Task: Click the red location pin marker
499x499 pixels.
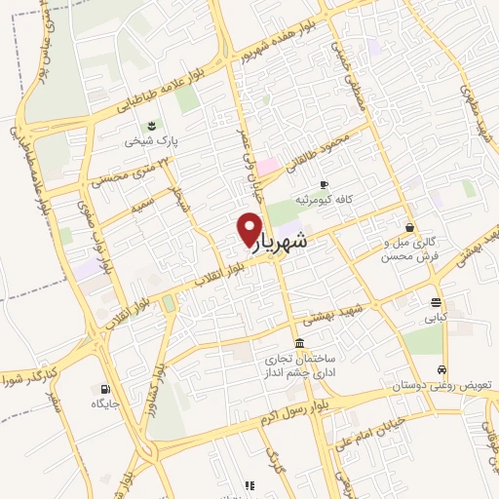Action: pyautogui.click(x=249, y=228)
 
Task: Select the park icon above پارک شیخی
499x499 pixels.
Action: pyautogui.click(x=151, y=125)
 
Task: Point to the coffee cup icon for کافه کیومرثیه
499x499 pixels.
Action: pyautogui.click(x=325, y=183)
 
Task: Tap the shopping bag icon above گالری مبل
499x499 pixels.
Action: pyautogui.click(x=408, y=227)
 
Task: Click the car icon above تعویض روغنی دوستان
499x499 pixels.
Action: pyautogui.click(x=442, y=370)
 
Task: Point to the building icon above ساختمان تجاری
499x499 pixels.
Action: pyautogui.click(x=297, y=344)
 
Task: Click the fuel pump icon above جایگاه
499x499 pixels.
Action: pyautogui.click(x=105, y=388)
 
